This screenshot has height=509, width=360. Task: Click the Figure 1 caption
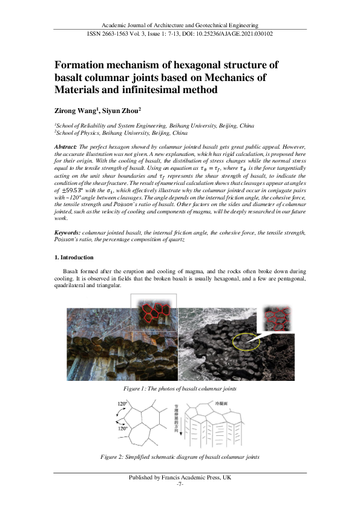click(180, 387)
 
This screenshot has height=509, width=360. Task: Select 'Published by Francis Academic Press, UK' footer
click(180, 478)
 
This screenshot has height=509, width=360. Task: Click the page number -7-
click(180, 485)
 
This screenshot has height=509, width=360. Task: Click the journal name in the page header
click(180, 25)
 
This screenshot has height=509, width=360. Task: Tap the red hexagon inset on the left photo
click(156, 313)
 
